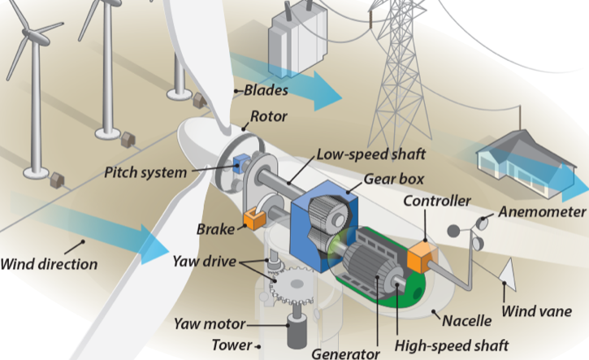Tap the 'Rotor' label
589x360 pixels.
pos(269,117)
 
